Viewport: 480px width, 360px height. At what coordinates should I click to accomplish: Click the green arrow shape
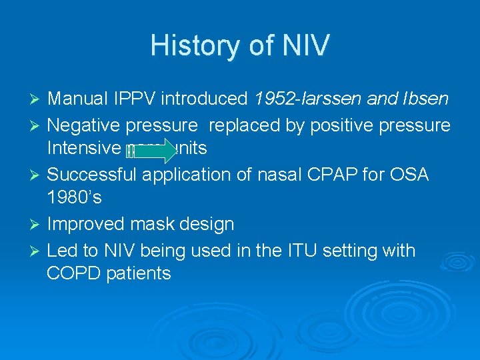[x=150, y=151]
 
